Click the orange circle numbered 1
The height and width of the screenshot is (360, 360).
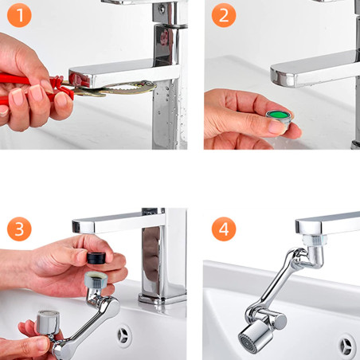pos(19,15)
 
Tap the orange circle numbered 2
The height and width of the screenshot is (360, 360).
pos(224,15)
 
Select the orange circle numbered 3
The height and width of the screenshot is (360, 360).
pos(19,229)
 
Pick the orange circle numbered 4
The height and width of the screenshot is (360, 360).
pos(224,229)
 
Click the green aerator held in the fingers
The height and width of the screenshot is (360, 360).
pos(279,119)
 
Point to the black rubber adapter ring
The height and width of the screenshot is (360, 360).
pos(96,258)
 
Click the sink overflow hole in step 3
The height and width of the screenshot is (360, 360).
pos(124,336)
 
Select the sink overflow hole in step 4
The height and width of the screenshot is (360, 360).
pos(346,346)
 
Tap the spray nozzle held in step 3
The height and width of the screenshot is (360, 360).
pos(48,322)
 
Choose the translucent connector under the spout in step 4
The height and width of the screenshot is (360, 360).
pos(314,240)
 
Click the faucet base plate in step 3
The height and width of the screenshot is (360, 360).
pos(162,299)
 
